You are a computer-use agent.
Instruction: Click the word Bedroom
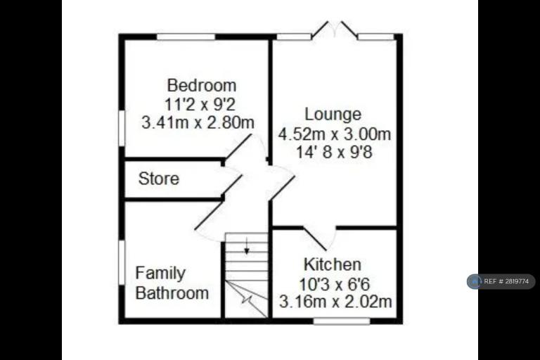point(202,86)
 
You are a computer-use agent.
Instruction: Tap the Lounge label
point(333,115)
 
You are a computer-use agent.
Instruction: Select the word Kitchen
point(333,264)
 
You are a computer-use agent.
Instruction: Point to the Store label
point(159,179)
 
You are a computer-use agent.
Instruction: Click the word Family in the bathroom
point(160,274)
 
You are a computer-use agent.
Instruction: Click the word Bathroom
point(172,293)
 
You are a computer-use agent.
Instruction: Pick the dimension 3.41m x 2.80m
point(198,122)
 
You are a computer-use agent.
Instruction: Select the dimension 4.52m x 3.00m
point(335,134)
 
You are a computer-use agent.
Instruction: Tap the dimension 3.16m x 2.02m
point(335,302)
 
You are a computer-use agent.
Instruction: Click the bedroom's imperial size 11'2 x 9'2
point(200,104)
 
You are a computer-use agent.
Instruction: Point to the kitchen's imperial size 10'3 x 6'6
point(334,284)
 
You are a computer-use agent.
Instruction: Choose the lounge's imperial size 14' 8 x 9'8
point(334,152)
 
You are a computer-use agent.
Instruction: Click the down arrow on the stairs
point(247,246)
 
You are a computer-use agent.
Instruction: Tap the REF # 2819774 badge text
point(506,281)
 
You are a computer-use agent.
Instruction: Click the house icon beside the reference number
point(475,281)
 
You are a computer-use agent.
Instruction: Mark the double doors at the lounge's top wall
point(335,29)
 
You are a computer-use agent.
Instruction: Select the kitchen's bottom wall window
point(342,321)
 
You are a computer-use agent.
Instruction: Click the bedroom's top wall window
point(186,37)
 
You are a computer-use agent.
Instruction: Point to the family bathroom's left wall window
point(122,262)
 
